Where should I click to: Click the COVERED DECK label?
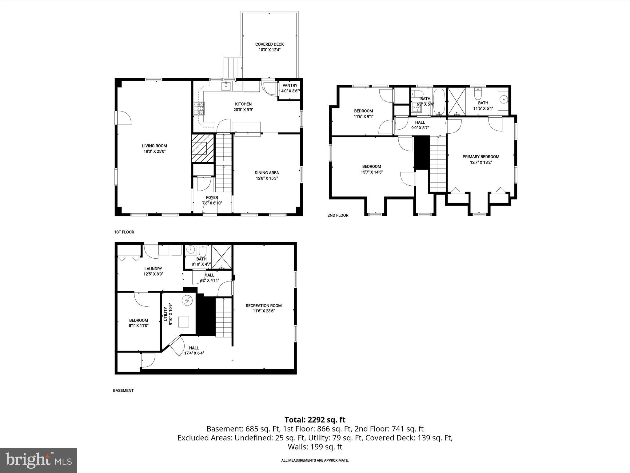click(269, 44)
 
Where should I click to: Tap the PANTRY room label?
click(290, 86)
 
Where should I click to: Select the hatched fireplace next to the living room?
click(203, 148)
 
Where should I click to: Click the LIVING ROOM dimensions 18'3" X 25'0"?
click(154, 152)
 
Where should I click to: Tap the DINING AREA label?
click(267, 173)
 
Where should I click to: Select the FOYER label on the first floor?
click(212, 198)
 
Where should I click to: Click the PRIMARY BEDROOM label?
click(481, 157)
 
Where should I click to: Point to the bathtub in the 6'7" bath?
click(439, 102)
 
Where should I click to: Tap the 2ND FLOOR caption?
click(338, 216)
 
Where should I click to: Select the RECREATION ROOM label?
click(264, 306)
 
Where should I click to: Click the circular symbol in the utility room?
click(187, 300)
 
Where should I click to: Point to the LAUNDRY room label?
click(153, 269)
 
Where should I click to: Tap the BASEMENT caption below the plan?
click(123, 390)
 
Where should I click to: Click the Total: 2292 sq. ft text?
click(315, 420)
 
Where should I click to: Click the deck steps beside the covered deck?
click(233, 67)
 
